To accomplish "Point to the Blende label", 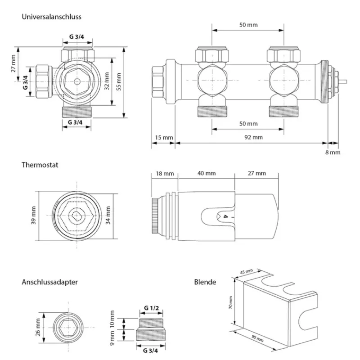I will tap(205, 282).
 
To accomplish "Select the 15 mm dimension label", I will tap(162, 137).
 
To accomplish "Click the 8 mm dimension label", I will tap(333, 153).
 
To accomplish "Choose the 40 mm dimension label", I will tap(207, 173).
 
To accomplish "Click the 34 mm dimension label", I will tap(108, 215).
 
